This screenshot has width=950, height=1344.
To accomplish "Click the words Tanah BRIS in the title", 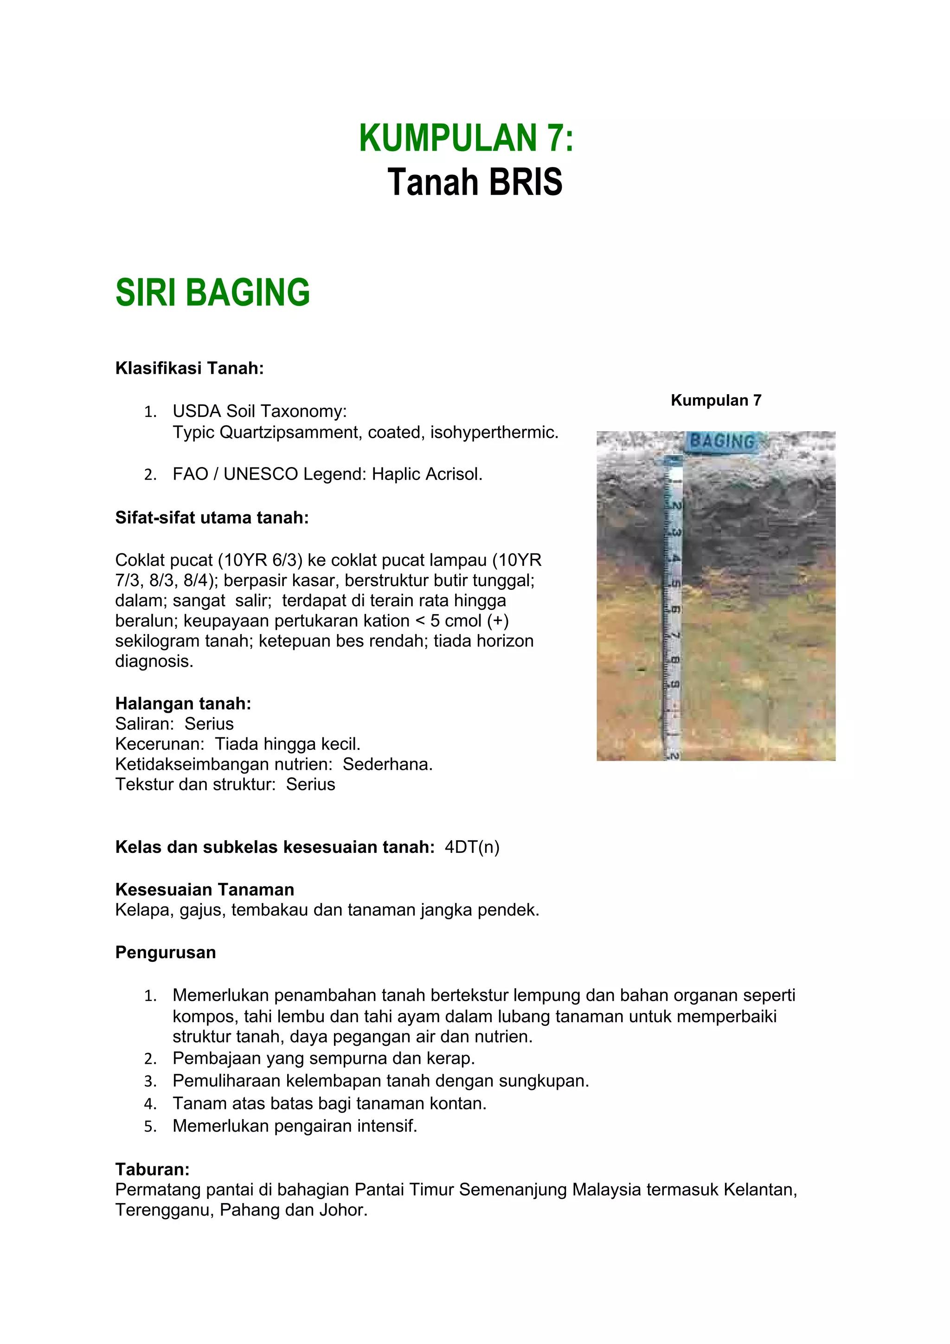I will (x=474, y=182).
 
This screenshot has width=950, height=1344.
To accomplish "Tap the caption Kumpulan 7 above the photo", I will (x=715, y=400).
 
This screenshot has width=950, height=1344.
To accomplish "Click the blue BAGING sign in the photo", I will (x=722, y=442).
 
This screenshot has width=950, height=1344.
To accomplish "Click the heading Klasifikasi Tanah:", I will (x=189, y=368).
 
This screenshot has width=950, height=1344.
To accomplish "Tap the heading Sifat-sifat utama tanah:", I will (x=212, y=518).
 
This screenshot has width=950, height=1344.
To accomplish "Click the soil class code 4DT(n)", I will (x=472, y=847).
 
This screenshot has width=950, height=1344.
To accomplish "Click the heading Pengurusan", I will (x=165, y=953).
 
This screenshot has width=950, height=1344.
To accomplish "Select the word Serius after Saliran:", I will (x=209, y=724).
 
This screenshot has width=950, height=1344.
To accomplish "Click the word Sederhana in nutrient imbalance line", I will (x=387, y=764).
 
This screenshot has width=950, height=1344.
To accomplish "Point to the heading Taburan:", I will (x=152, y=1170).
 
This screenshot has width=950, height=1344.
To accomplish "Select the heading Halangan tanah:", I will (x=183, y=704).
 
